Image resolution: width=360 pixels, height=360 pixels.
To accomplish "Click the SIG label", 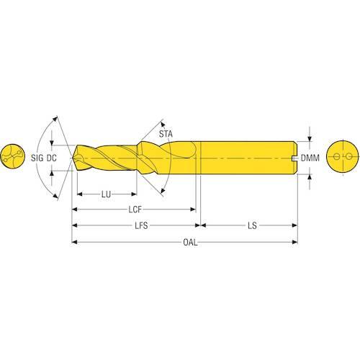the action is click(37, 158).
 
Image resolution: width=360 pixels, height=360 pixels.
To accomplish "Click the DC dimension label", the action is click(51, 158).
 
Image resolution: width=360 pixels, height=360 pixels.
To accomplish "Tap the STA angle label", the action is click(166, 134).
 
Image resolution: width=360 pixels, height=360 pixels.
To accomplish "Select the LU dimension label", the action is click(106, 194).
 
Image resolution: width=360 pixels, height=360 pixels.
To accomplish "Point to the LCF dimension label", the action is click(135, 210).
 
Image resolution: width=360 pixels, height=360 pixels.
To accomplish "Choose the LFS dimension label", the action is click(141, 225).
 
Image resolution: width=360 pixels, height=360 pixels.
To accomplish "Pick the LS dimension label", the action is click(252, 225).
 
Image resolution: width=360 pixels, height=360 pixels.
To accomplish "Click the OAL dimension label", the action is click(190, 242).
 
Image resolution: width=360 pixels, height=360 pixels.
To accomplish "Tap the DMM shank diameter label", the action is click(310, 158).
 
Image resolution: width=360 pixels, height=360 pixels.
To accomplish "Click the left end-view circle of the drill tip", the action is click(13, 156).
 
